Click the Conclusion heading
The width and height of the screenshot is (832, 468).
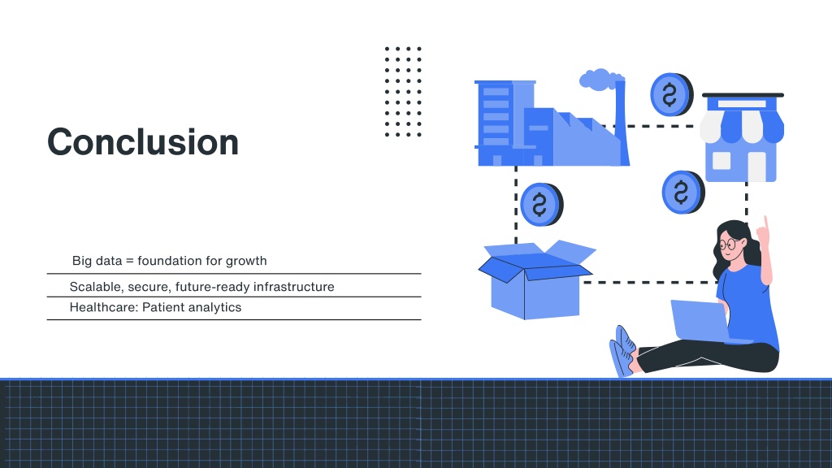tap(143, 142)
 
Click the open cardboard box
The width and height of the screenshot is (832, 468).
tap(536, 279)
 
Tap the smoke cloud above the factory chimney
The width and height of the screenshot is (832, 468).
tap(601, 79)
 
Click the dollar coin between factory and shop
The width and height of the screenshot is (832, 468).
tap(671, 94)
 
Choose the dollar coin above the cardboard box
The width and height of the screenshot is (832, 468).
tap(541, 204)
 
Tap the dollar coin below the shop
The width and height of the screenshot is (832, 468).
tap(682, 192)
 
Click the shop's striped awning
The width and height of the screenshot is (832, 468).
tap(742, 126)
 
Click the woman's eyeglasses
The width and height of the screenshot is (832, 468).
tap(730, 244)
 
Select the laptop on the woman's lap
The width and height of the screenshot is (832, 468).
tap(701, 321)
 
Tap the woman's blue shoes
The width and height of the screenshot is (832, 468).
tap(622, 351)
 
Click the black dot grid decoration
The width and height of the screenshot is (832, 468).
tap(403, 91)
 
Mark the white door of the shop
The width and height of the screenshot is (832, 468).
tap(756, 167)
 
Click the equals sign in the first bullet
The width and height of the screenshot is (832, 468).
tap(129, 261)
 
